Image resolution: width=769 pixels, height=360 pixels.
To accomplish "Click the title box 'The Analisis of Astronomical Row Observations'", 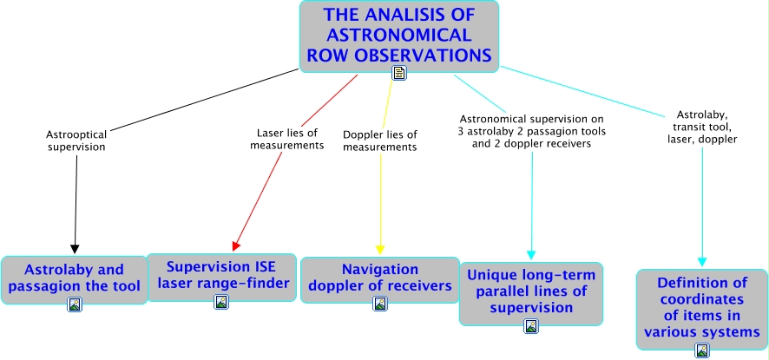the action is point(399,36).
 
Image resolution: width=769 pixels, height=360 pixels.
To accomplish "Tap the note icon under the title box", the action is point(399,73).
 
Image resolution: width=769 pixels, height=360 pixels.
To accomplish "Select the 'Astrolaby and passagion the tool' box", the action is point(74,280).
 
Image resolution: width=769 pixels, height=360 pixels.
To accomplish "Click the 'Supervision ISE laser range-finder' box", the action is point(221,278).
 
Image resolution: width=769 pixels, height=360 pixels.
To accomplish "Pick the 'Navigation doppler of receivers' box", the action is point(380,280).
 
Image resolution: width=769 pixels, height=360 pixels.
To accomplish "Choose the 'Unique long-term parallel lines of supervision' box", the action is point(531,294).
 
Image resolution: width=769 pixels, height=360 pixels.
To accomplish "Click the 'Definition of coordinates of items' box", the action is point(702,310).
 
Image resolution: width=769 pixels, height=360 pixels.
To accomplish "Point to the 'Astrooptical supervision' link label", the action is point(76,141).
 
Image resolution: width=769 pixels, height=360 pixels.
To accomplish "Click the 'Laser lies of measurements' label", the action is point(287,139).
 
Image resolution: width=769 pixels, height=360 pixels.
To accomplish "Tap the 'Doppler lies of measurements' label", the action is point(380,141).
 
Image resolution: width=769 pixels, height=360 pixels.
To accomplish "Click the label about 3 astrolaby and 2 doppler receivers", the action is point(532,132).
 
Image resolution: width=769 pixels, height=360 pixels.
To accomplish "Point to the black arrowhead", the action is point(75,249).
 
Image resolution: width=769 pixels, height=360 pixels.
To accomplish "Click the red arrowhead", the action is point(236,245).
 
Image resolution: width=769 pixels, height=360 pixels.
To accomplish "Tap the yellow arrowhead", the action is point(380,249).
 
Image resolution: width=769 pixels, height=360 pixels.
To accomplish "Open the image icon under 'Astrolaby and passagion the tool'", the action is point(75,304).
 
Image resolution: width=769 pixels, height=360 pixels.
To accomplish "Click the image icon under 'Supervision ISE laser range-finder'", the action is point(221,302).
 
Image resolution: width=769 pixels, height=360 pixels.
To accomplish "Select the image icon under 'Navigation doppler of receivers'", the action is point(380,304).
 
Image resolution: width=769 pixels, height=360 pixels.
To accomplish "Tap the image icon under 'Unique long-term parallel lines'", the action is point(531,326).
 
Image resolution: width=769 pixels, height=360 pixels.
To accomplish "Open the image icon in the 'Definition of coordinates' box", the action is point(702,350).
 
